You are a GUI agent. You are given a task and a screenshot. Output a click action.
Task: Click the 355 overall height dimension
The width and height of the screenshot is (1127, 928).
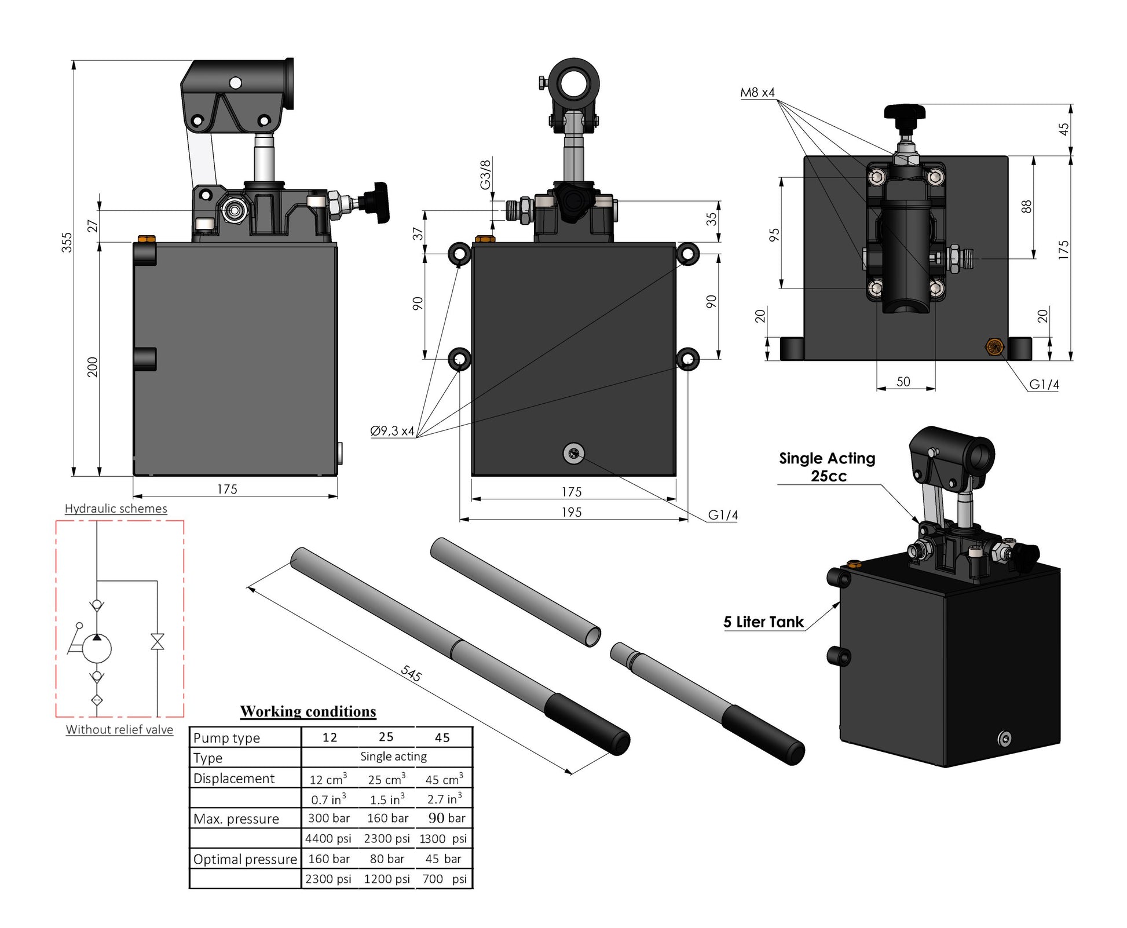pos(67,242)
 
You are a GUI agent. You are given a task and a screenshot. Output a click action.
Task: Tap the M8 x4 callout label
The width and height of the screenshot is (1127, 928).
pos(757,93)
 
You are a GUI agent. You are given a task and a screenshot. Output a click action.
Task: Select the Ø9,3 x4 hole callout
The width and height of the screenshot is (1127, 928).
pos(392,431)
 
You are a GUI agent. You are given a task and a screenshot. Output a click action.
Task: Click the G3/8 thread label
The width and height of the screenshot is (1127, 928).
pos(485,174)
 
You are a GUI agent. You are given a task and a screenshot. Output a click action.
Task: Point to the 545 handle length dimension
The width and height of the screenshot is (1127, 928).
pos(411,673)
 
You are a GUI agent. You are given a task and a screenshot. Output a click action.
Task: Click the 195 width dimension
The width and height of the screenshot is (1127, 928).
pos(571,512)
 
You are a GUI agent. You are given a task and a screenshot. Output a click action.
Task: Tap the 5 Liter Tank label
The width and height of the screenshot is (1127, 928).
pos(763,622)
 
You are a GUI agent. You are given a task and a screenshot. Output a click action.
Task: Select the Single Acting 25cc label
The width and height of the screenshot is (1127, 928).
pos(827,467)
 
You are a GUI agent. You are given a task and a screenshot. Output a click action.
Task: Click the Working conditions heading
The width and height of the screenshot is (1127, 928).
pos(308,711)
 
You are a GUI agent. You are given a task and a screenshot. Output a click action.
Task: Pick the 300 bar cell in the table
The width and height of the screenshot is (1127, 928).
pos(329,818)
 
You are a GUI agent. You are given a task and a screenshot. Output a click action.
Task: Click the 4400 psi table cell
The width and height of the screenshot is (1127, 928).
pos(328,838)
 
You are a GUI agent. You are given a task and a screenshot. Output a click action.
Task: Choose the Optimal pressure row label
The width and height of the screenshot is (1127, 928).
pos(245,859)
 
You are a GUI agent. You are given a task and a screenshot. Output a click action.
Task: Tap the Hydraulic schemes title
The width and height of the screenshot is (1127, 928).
pos(116,509)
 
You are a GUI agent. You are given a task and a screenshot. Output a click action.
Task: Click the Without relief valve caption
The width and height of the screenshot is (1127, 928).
pos(119,729)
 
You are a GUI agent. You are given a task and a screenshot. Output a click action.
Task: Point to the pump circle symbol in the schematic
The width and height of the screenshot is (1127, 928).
pos(97,648)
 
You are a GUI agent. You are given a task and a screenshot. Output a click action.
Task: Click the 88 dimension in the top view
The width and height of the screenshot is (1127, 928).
pos(1026,206)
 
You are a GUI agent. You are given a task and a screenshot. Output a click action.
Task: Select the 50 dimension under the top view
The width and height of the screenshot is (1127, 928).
pos(903,382)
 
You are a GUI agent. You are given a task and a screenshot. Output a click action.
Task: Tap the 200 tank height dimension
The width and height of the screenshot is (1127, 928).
pos(93,367)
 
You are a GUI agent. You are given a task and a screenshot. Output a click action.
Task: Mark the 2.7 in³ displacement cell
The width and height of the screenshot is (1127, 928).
pos(444,799)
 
